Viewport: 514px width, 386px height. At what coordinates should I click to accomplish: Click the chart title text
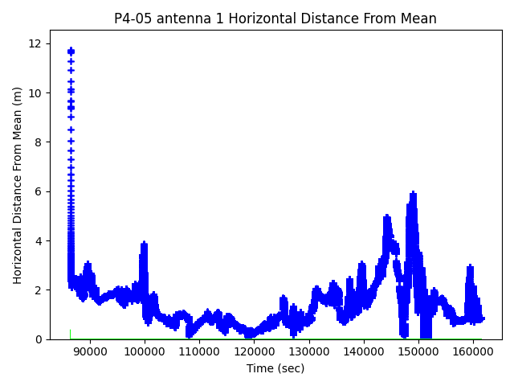click(275, 18)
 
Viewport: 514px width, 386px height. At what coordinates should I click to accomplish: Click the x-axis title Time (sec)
click(275, 368)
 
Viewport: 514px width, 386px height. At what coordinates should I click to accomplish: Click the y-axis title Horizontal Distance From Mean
click(18, 185)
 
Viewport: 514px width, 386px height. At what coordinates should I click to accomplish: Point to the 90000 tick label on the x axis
click(90, 351)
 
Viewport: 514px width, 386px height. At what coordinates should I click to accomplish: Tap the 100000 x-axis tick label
click(145, 351)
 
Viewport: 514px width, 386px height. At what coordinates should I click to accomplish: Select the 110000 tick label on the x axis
click(199, 351)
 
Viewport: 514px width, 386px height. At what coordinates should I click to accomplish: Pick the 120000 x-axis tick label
click(254, 351)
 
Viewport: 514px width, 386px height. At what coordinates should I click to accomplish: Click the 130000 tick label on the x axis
click(309, 351)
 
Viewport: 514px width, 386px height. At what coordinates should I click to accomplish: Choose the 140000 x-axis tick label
click(364, 351)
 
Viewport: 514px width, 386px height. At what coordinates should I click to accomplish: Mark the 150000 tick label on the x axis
click(418, 351)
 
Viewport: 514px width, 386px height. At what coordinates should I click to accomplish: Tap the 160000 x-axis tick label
click(473, 351)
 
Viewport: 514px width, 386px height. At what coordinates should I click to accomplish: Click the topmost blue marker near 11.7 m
click(71, 51)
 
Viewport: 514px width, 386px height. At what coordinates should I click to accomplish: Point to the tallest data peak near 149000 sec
click(413, 194)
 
